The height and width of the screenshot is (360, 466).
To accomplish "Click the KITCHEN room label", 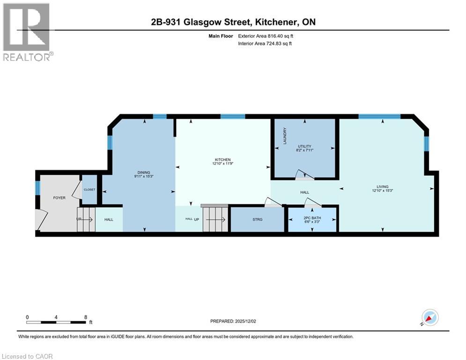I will (x=222, y=160).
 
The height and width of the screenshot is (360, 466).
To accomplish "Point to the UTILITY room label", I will (x=304, y=146).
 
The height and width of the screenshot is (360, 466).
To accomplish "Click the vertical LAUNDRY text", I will (x=284, y=135).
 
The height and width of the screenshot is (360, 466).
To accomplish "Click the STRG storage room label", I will (x=257, y=219).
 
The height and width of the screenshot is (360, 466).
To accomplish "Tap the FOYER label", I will (x=59, y=198).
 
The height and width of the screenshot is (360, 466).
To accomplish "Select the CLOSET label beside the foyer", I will (x=89, y=190).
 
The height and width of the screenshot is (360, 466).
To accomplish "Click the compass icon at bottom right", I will (x=429, y=317).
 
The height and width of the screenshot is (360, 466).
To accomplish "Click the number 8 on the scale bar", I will (x=86, y=317).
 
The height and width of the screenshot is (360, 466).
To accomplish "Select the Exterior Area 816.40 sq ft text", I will (x=266, y=36).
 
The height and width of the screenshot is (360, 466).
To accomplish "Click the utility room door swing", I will (x=305, y=175).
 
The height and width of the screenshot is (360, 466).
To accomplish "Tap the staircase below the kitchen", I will (x=215, y=219).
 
